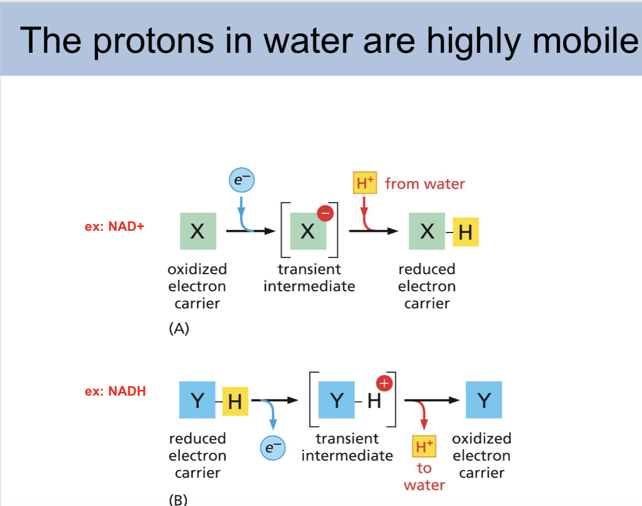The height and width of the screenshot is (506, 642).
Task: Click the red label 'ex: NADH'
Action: click(x=115, y=391)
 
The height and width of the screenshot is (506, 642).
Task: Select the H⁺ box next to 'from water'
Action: click(x=365, y=183)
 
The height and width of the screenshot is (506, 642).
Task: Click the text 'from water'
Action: click(x=425, y=184)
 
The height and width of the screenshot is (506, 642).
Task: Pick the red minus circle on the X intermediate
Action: click(x=326, y=213)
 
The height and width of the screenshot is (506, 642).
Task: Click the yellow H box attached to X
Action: click(x=466, y=232)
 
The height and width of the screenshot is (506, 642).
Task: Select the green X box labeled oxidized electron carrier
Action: click(x=198, y=231)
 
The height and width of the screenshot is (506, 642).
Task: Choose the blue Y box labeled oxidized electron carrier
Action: click(x=484, y=400)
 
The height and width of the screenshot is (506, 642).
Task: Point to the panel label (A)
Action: click(x=178, y=329)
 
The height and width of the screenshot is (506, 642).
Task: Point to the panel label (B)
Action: click(x=178, y=500)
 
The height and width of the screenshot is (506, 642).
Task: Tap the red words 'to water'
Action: click(x=424, y=477)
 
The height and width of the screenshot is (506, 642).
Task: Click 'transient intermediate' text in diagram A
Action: click(x=309, y=277)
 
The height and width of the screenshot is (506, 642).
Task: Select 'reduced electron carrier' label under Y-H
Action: click(x=198, y=455)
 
